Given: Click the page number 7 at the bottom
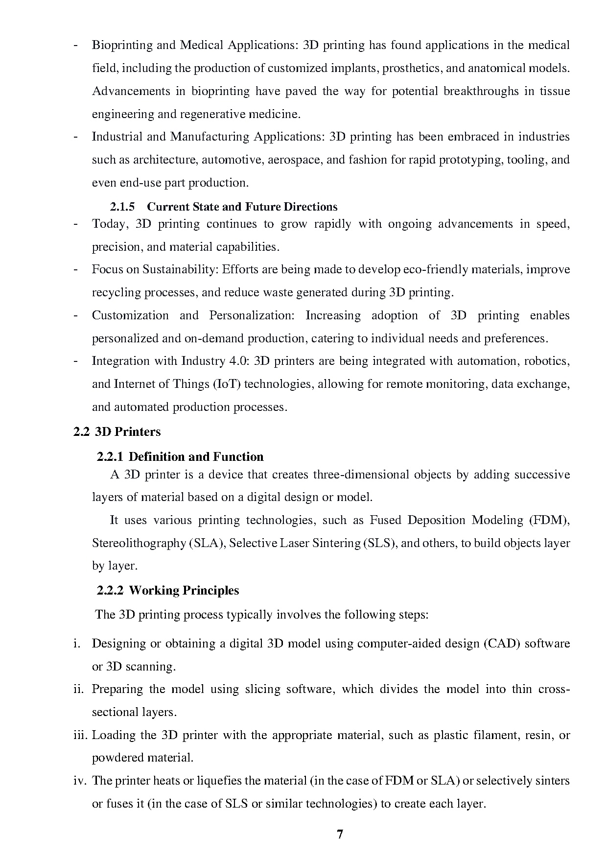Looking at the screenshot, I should click(x=340, y=835).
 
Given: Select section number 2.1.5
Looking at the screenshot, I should click(x=122, y=207).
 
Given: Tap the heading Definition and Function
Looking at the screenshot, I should click(x=196, y=457).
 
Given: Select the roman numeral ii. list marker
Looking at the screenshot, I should click(x=79, y=690).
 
